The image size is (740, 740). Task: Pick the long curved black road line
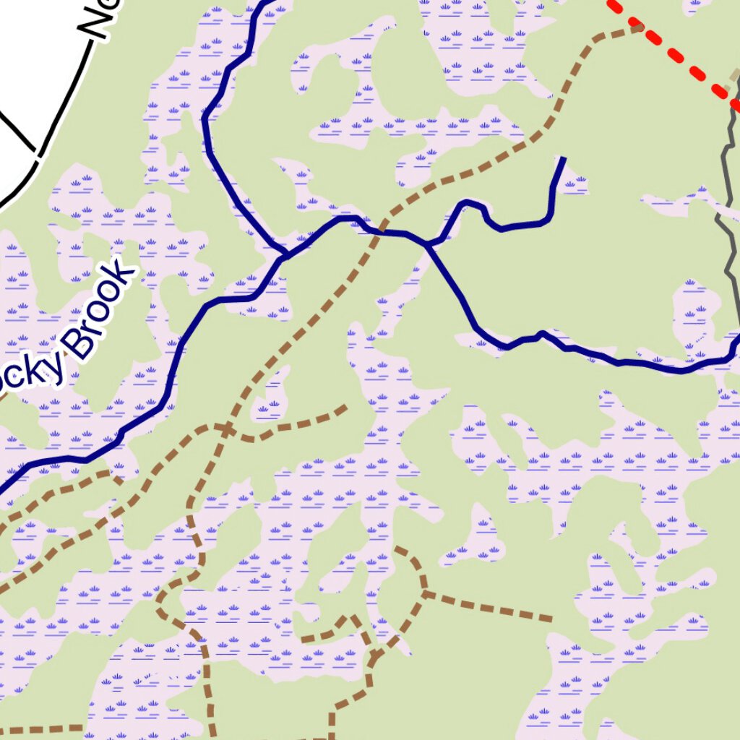[x=61, y=101]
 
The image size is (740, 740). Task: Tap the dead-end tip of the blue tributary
[x=564, y=158]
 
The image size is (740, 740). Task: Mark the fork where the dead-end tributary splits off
[x=429, y=244]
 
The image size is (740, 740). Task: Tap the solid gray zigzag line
[x=730, y=238]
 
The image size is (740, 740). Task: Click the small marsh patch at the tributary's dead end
[x=575, y=181]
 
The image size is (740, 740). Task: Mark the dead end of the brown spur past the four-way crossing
[x=345, y=408]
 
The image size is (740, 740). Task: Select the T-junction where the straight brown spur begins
[x=424, y=594]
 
